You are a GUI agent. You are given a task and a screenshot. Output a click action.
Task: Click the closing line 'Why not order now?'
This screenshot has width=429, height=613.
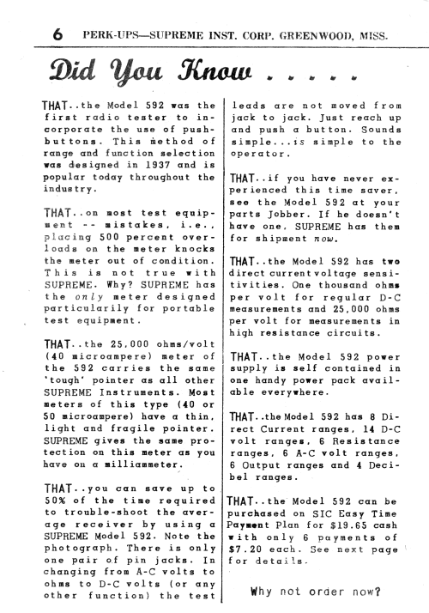tap(316, 591)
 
